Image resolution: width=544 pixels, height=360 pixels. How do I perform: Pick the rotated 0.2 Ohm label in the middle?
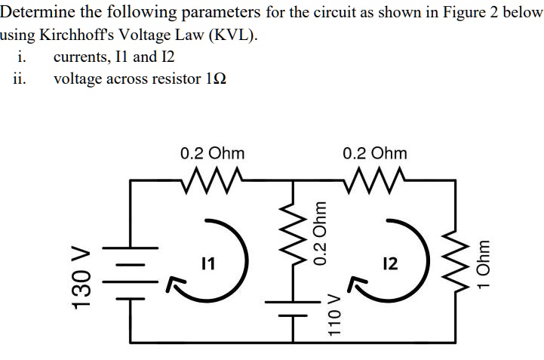tap(321, 233)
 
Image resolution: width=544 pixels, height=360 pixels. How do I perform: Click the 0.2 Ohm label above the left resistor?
tap(212, 153)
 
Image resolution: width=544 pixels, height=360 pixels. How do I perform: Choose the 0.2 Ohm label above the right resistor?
tap(375, 153)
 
